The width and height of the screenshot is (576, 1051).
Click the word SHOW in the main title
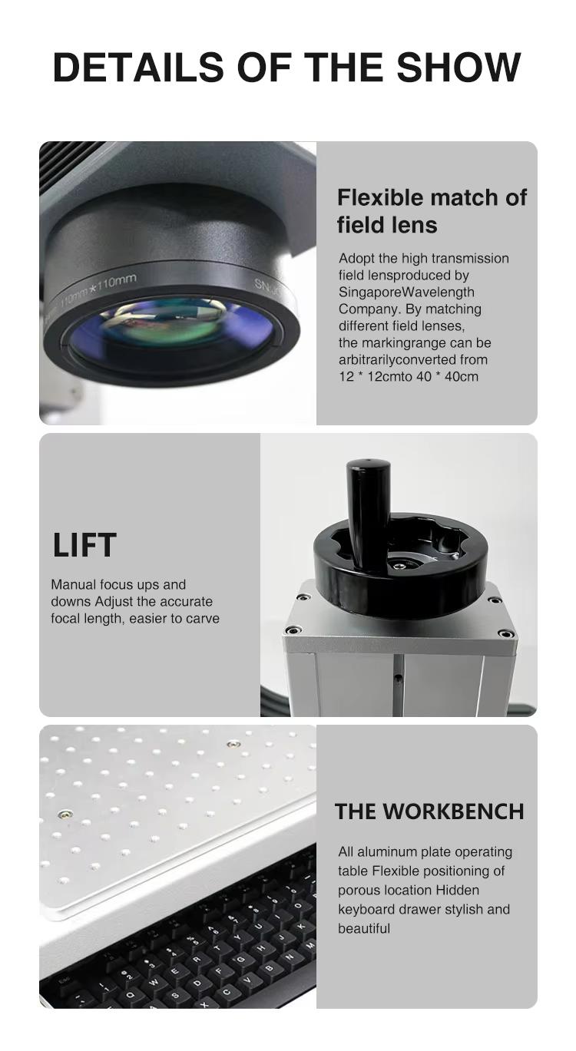pos(458,67)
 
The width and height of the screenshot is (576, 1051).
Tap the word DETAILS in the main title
pos(138,67)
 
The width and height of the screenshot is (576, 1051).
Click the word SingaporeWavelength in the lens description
pos(406,292)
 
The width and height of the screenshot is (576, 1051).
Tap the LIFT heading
pos(84,545)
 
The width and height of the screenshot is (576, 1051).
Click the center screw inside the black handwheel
pos(399,565)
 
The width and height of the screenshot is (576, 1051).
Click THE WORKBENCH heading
pos(429,811)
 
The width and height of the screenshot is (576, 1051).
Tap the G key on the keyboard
pos(240,960)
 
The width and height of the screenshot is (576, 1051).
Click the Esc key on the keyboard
pos(64,982)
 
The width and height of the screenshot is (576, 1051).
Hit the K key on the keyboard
pos(300,926)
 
